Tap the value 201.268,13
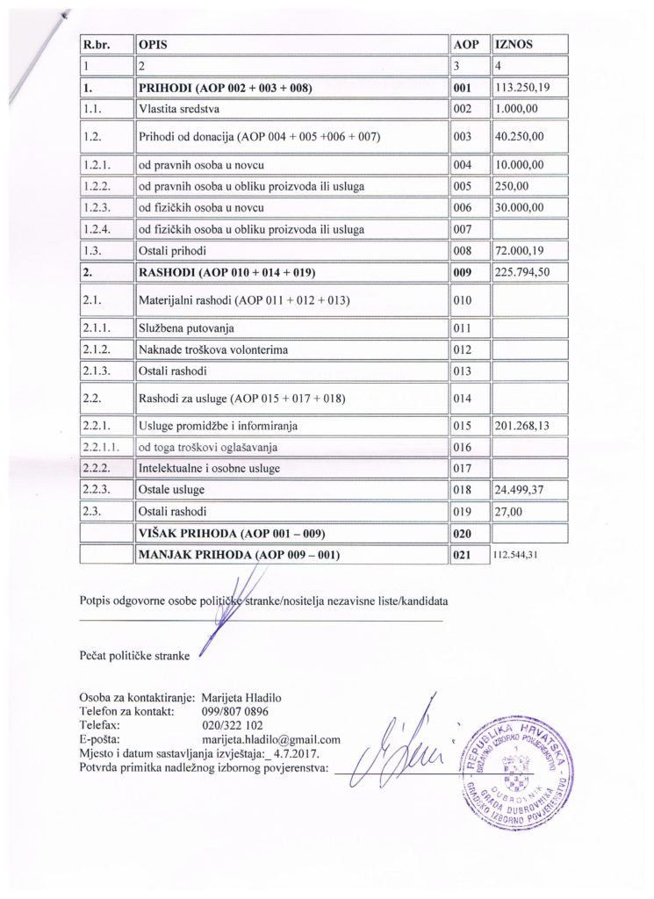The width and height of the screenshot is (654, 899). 525,426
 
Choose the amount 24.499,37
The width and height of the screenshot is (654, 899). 522,488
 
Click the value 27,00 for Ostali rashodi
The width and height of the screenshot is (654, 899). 508,510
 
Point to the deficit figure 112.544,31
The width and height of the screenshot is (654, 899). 521,555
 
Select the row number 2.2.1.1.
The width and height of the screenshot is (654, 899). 99,447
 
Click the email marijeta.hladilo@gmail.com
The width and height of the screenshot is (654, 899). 270,740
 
